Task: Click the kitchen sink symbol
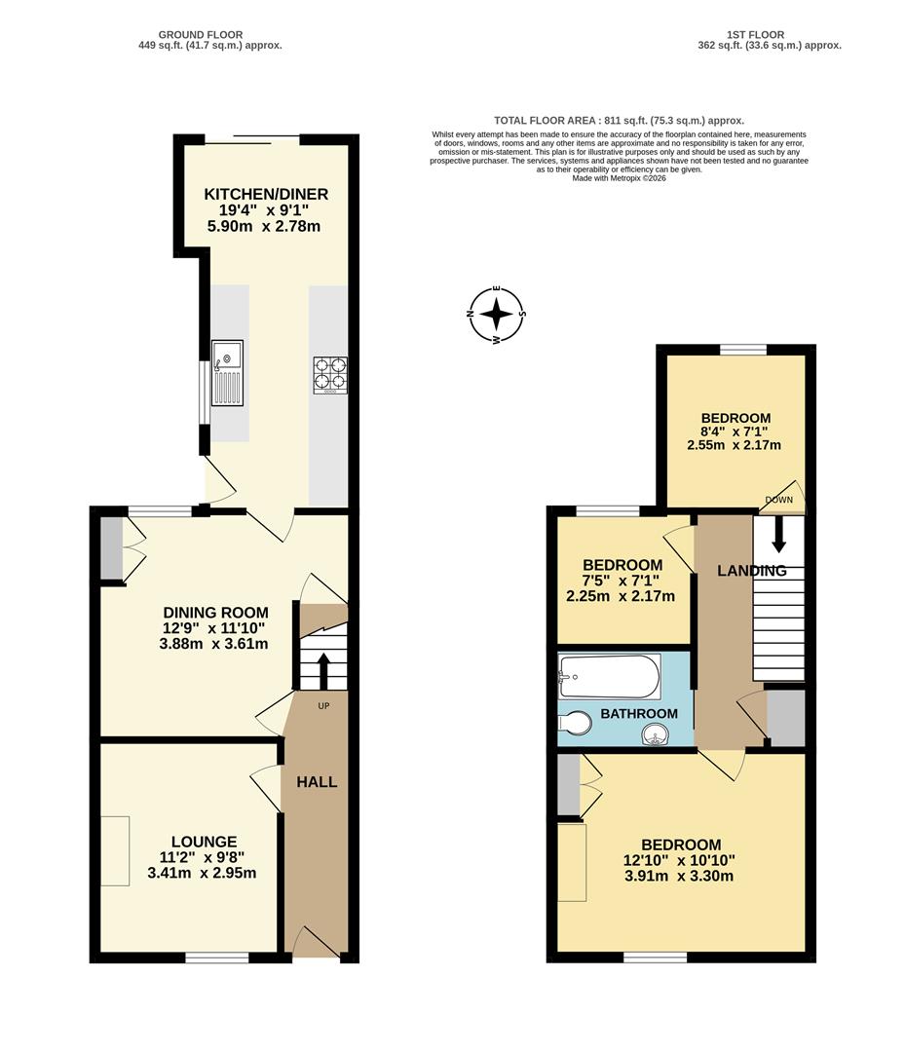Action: point(227,373)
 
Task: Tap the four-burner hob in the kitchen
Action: point(330,375)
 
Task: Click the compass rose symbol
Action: point(497,315)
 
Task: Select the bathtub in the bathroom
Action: point(609,675)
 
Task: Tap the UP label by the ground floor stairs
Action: point(322,705)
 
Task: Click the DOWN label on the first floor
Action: point(778,501)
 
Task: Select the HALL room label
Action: point(317,782)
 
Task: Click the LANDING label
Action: point(751,571)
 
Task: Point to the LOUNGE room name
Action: point(204,842)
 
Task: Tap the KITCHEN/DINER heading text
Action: point(266,195)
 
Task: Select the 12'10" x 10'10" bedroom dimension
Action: point(680,860)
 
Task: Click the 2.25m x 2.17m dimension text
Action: point(621,596)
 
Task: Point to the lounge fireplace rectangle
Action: point(115,850)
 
